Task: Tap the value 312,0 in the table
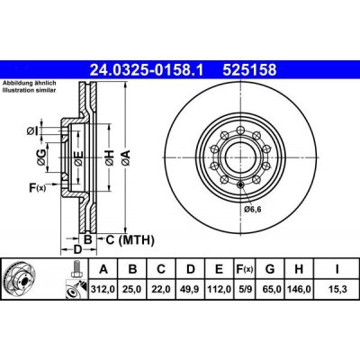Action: point(103,288)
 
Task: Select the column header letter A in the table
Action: point(103,269)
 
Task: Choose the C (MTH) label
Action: point(125,239)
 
